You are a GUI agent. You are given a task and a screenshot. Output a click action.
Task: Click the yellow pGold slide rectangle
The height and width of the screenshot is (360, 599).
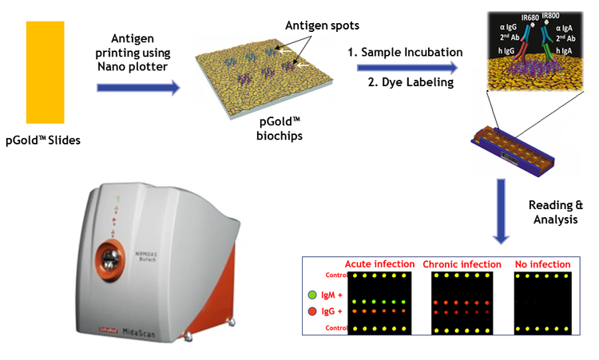(46, 72)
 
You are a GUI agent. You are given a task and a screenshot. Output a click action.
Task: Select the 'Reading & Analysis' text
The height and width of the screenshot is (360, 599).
(553, 212)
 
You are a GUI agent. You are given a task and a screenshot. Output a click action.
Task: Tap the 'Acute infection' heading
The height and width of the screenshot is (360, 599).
(379, 264)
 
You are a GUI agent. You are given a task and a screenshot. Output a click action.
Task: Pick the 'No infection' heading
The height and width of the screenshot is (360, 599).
(543, 264)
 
